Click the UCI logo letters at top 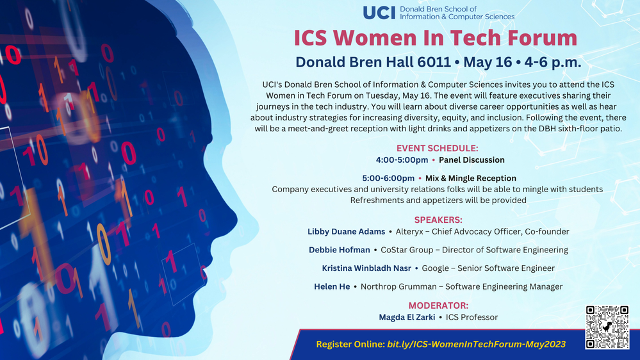(x=379, y=13)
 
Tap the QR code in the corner (x=606, y=327)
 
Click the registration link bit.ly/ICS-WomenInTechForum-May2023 (x=476, y=344)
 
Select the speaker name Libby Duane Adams (x=346, y=231)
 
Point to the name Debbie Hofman (x=340, y=250)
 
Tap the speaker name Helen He (x=332, y=286)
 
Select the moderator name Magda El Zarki (x=407, y=317)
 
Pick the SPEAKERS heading (x=438, y=220)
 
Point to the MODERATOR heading (x=438, y=306)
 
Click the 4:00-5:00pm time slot (x=402, y=160)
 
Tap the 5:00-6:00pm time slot (x=388, y=178)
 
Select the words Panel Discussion (x=472, y=160)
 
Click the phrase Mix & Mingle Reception (x=471, y=178)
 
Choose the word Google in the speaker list (x=435, y=268)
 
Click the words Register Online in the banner (x=350, y=344)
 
